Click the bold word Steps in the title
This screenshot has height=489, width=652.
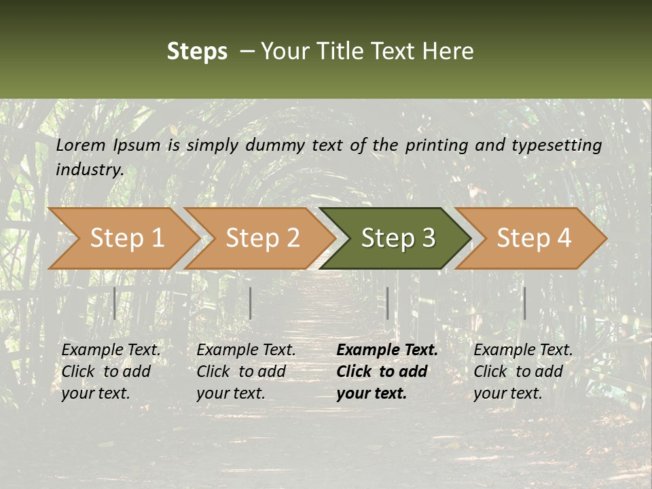click(197, 52)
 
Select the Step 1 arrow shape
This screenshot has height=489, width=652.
click(122, 238)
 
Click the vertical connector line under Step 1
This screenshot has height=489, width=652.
click(115, 303)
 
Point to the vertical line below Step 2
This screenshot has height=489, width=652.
click(251, 303)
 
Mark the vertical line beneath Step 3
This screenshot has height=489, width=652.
click(387, 303)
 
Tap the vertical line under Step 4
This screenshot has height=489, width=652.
click(524, 303)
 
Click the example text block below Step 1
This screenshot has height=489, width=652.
click(111, 372)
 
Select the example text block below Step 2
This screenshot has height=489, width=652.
click(246, 372)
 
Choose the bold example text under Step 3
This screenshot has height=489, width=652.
click(387, 372)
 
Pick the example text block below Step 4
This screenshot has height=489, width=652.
click(523, 372)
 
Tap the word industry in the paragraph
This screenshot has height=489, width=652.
click(90, 170)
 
